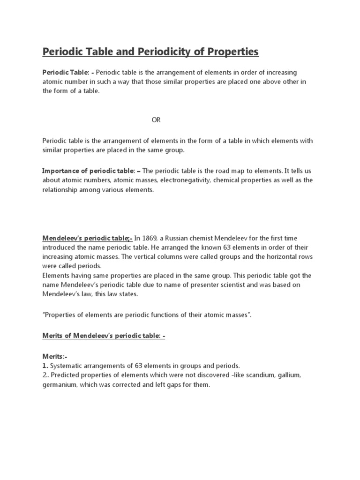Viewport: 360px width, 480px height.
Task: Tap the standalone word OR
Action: [x=156, y=120]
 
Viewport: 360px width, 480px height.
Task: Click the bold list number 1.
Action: [x=45, y=366]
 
